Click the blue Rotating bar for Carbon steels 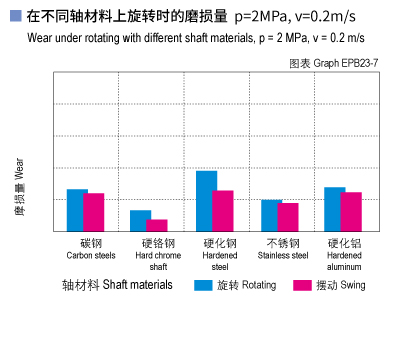pyautogui.click(x=77, y=210)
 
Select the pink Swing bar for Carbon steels pyautogui.click(x=94, y=212)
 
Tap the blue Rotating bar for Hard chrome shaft pyautogui.click(x=141, y=221)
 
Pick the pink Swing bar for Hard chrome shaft pyautogui.click(x=157, y=225)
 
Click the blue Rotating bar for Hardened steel pyautogui.click(x=206, y=201)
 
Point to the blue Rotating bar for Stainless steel pyautogui.click(x=271, y=215)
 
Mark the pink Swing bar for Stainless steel pyautogui.click(x=288, y=217)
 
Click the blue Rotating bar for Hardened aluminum pyautogui.click(x=334, y=209)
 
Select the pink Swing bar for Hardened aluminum pyautogui.click(x=351, y=211)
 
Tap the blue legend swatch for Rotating pyautogui.click(x=203, y=285)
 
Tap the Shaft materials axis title pyautogui.click(x=117, y=285)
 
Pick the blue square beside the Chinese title pyautogui.click(x=14, y=17)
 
